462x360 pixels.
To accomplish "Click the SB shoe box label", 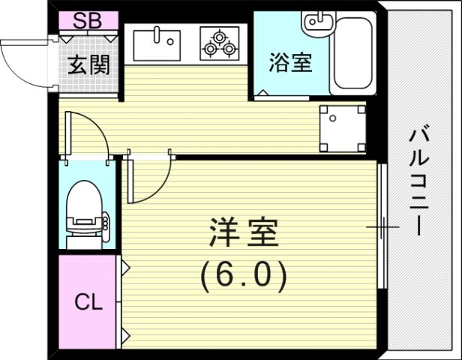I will click(x=88, y=21).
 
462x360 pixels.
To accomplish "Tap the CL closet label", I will click(x=88, y=304).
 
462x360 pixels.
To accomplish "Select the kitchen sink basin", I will click(x=160, y=42).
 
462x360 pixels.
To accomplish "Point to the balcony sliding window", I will click(x=382, y=225).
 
